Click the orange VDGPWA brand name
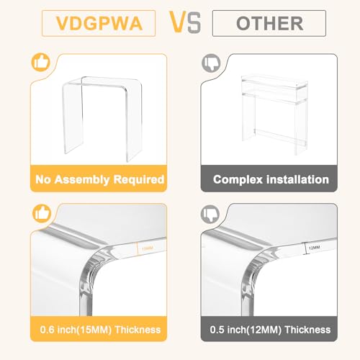[99, 23]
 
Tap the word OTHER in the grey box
[270, 23]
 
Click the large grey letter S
[194, 23]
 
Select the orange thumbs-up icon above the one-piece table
[41, 62]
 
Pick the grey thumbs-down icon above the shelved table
[211, 63]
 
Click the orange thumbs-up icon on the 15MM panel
[42, 213]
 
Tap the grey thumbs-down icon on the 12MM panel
[210, 213]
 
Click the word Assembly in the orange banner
[82, 180]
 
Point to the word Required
[139, 179]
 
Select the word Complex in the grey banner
[238, 179]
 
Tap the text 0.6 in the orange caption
[48, 330]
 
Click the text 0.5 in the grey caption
[217, 330]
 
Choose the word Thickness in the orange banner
[138, 330]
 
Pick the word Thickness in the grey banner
[307, 330]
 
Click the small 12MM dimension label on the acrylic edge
[314, 248]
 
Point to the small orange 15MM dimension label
[148, 248]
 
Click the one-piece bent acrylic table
[102, 119]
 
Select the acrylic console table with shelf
[274, 114]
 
